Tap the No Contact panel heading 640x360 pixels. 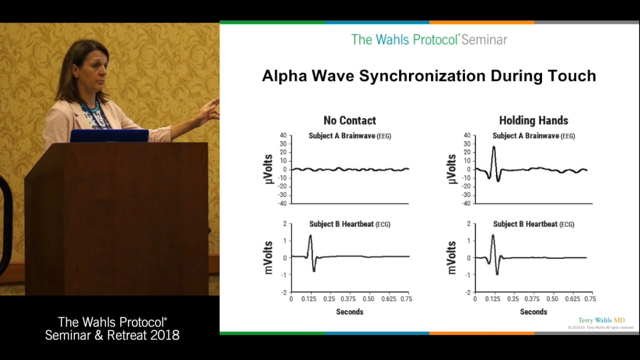pos(349,120)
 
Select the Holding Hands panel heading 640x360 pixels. pos(533,120)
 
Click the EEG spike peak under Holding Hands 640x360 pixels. pos(493,147)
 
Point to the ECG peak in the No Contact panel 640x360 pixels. pos(310,236)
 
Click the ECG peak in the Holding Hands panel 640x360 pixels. pos(493,235)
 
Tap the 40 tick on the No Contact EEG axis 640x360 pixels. pos(283,135)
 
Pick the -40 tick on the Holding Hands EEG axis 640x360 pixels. pos(466,203)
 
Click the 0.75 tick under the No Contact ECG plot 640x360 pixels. pos(406,299)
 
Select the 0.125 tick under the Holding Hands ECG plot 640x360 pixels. pos(493,299)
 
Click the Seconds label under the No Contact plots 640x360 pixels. pos(349,312)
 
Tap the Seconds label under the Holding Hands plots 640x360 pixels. pos(533,312)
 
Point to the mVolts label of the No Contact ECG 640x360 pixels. pos(268,257)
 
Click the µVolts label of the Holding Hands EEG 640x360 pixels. pos(451,169)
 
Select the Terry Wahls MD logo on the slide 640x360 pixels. pos(601,320)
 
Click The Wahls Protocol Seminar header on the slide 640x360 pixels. pos(429,39)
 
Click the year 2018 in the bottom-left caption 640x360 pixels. pos(164,335)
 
